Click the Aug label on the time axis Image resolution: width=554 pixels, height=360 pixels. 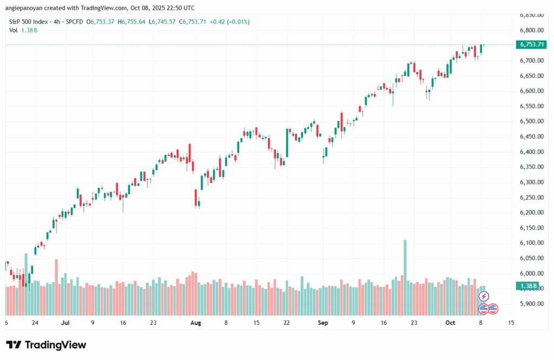click(x=196, y=323)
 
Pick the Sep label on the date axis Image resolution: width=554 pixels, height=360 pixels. click(x=323, y=323)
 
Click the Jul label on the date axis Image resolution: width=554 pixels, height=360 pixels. click(x=66, y=323)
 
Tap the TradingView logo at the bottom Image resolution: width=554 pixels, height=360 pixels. click(x=46, y=345)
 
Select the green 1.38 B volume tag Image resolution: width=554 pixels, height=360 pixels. click(x=528, y=286)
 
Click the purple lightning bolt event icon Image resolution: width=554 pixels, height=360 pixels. click(x=484, y=296)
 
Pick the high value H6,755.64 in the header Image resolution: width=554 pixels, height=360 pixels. click(x=132, y=22)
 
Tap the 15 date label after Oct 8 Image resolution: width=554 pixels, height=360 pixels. click(x=511, y=323)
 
